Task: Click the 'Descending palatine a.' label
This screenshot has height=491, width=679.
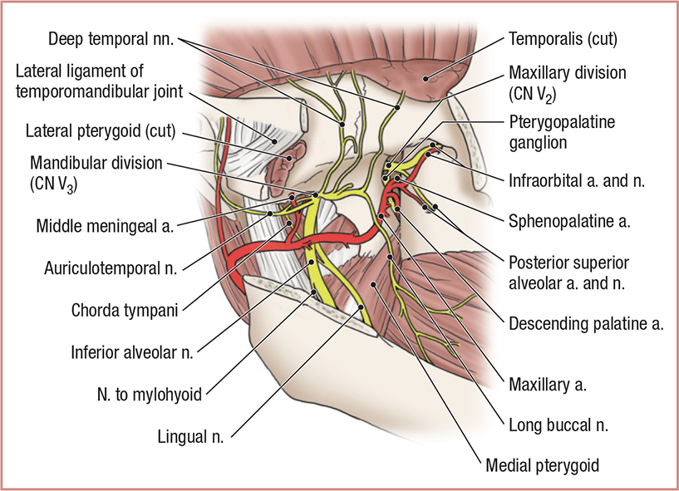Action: click(586, 324)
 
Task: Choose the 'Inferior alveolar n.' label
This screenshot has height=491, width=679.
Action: click(132, 351)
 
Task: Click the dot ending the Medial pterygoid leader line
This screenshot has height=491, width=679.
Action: click(375, 284)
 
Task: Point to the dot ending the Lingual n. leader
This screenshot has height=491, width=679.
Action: click(362, 307)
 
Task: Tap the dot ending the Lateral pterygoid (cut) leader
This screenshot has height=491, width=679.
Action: click(288, 155)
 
